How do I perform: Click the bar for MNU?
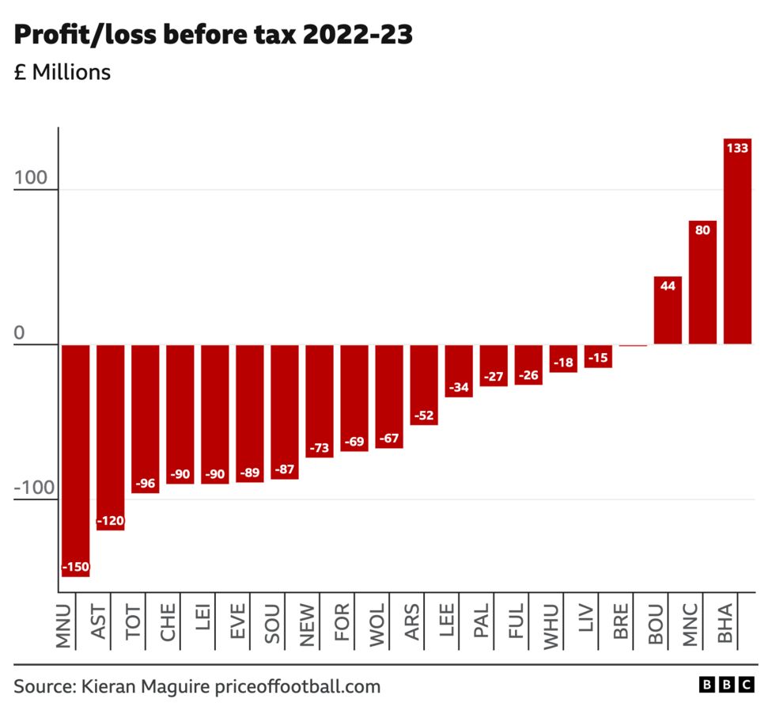pos(75,460)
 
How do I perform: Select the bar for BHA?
pos(737,241)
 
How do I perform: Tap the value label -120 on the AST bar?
pos(111,522)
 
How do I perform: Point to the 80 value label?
pos(702,230)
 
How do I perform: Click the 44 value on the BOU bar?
pos(668,286)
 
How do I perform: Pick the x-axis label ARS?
pos(412,626)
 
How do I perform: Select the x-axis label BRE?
pos(622,626)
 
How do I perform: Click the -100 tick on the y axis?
pos(34,489)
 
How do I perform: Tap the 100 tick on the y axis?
pos(31,180)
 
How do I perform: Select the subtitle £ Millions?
pos(62,73)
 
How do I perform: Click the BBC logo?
pos(726,686)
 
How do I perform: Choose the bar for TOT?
pos(146,418)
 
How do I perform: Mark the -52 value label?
pos(424,416)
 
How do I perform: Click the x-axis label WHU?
pos(551,626)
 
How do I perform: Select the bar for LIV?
pos(598,356)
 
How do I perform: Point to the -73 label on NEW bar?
pos(320,449)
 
